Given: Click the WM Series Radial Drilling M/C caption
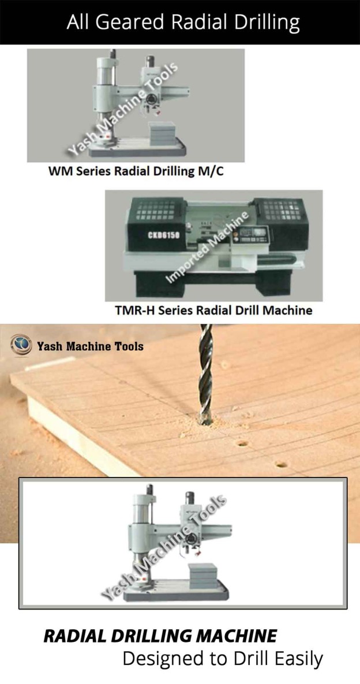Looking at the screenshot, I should coord(136,172).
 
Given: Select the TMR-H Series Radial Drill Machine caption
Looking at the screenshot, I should coord(213,310).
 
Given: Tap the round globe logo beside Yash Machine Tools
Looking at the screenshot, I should coord(21,345).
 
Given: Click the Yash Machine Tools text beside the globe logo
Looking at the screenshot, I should coord(90,346).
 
